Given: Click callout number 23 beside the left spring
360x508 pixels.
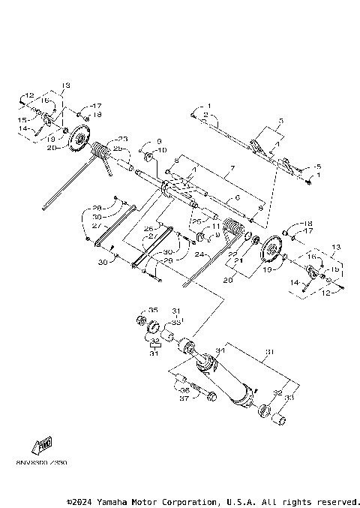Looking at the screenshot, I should point(122,139).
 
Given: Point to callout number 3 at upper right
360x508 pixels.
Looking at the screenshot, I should point(280,120).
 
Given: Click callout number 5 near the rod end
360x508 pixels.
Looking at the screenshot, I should point(318,167).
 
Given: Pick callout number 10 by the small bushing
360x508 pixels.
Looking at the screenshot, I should point(160,150).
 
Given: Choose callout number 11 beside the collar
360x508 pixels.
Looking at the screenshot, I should point(217,226).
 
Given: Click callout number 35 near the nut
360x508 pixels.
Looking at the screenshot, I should point(153,310).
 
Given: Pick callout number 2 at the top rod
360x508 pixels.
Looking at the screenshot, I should point(205,114).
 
